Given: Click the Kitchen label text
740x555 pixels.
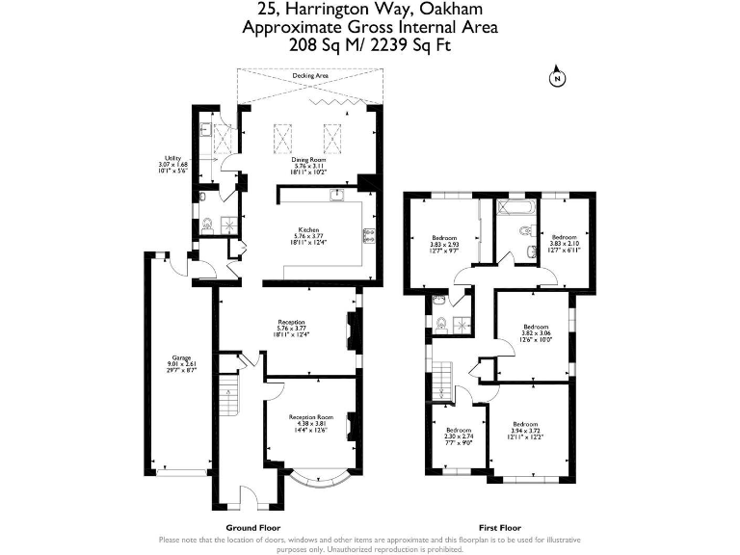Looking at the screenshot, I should coord(308,229).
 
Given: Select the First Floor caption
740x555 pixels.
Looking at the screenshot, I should coord(499,528).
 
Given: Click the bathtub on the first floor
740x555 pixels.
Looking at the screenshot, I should coord(517,207).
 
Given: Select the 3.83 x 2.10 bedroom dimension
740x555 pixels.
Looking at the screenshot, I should coord(564,243).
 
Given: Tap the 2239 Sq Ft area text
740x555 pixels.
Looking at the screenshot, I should coord(409,44).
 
